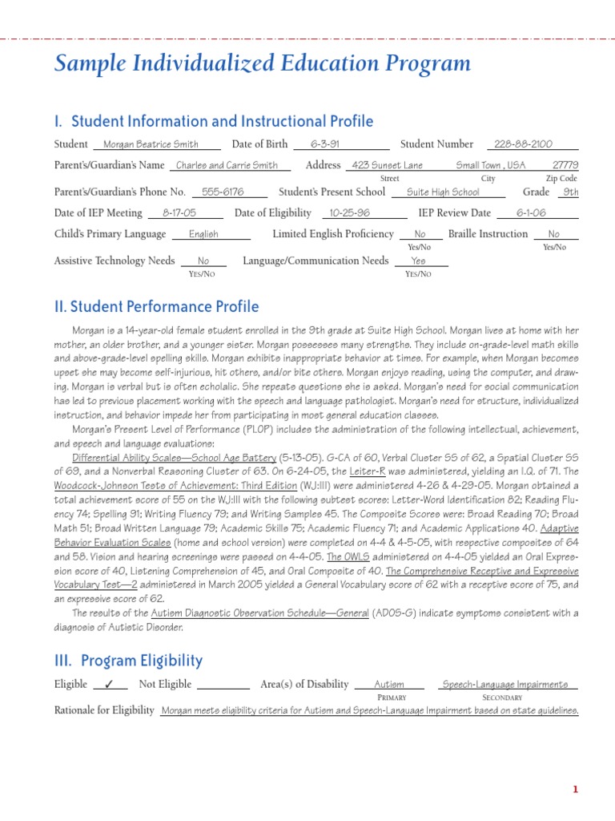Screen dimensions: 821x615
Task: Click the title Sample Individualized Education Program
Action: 262,64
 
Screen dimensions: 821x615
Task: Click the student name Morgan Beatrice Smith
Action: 157,144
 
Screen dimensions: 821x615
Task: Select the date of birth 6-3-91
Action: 325,144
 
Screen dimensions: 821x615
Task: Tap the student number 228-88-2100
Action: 523,144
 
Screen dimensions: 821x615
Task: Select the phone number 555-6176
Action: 223,192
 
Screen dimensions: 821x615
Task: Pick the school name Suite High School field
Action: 443,192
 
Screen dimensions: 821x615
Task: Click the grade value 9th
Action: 570,192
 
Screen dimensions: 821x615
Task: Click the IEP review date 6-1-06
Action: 531,213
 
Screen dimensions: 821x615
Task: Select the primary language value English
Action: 203,234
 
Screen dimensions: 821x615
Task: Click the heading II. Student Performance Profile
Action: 156,306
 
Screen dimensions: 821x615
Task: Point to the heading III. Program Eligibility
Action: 128,661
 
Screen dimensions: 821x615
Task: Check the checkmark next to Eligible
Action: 110,685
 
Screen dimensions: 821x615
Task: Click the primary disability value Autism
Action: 389,685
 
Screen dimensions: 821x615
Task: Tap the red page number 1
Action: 575,790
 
